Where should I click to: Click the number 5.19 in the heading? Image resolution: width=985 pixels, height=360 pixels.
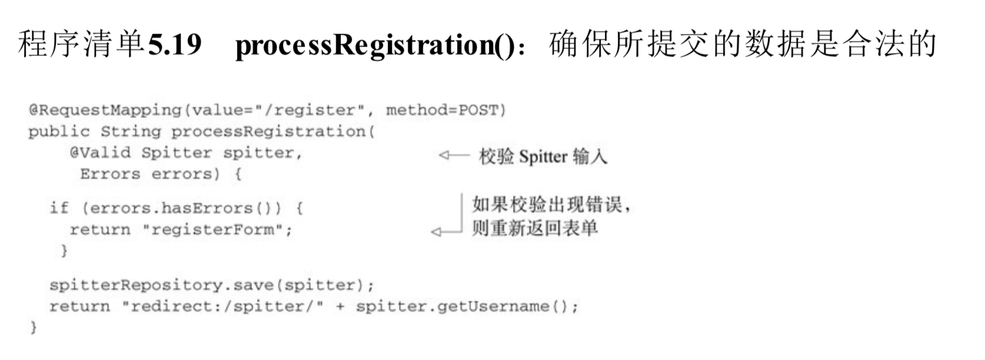pos(175,44)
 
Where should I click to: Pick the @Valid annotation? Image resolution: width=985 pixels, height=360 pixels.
pos(100,153)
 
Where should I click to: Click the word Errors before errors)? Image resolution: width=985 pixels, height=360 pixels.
pos(110,174)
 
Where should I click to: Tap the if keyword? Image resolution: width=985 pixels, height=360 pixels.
pos(59,208)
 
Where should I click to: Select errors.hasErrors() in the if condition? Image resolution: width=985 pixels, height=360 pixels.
pos(182,208)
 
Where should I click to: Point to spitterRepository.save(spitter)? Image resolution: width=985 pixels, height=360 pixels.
pos(211,285)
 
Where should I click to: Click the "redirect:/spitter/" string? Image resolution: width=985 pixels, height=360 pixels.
pos(222,306)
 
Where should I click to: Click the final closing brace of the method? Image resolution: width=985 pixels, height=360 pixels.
pos(34,327)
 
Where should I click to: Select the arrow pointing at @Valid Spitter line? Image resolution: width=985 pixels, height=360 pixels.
pos(454,155)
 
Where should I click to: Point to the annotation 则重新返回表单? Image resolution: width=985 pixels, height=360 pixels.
pos(534,228)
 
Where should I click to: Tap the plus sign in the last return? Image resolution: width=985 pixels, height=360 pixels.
pos(340,306)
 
